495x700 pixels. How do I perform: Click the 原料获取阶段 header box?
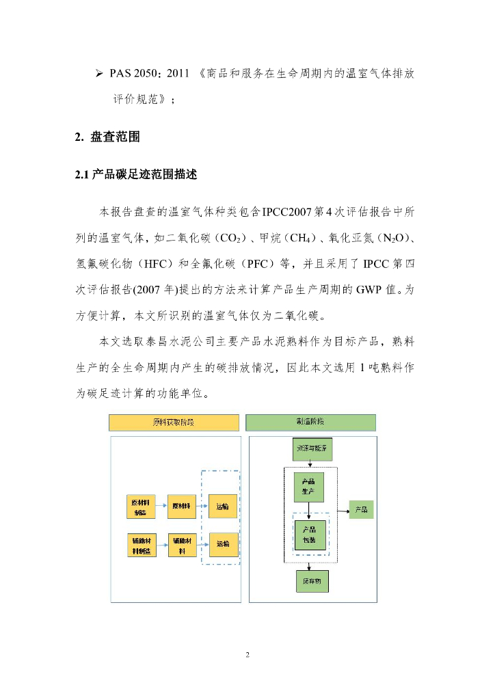174,422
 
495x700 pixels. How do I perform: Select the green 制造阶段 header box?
310,422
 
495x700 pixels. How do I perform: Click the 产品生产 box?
308,486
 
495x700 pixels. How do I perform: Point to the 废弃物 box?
311,581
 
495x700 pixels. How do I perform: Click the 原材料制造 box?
140,507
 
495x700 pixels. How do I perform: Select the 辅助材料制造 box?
140,544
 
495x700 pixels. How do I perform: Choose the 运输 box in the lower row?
223,544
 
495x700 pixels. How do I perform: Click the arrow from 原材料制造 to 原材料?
161,507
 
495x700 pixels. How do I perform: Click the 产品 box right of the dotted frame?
362,509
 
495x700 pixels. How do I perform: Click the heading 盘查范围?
115,137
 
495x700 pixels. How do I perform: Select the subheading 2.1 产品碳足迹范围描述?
136,175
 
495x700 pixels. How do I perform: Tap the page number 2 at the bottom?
247,655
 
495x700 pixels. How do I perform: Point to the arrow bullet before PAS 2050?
98,73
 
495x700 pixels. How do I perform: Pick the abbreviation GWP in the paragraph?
368,288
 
